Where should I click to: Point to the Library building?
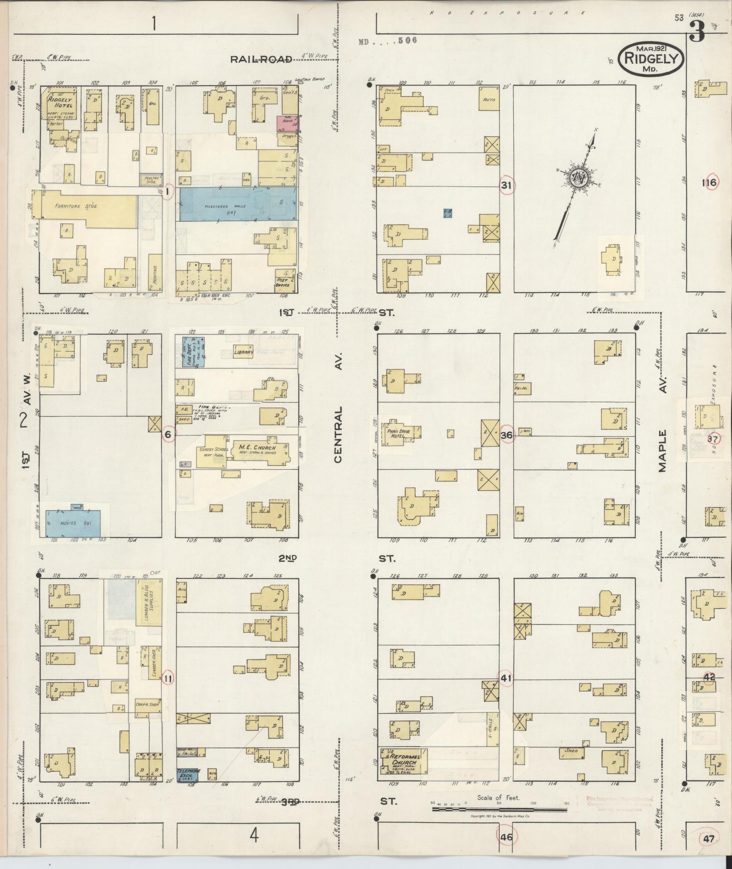tap(243, 352)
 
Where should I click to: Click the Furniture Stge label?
tap(76, 206)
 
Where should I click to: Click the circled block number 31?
tap(506, 185)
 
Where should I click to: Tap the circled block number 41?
tap(506, 678)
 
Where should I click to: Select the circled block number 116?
tap(709, 183)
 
